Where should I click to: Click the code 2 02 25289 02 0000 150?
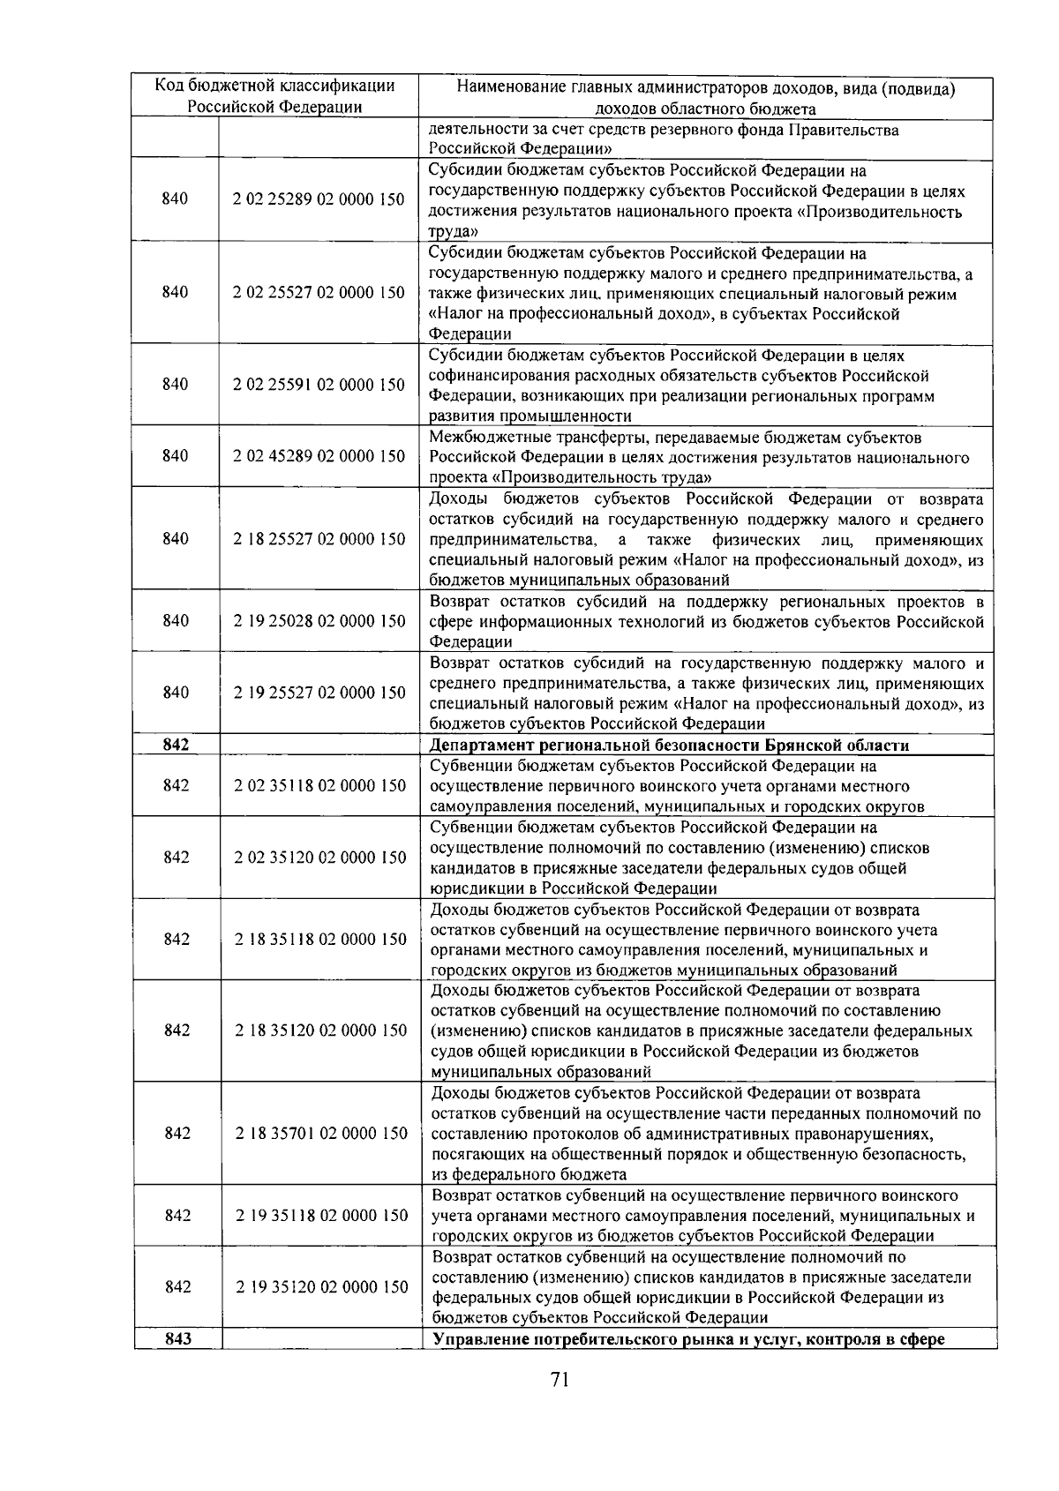click(319, 199)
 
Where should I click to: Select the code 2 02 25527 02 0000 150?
click(319, 293)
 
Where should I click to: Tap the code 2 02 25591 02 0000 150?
click(319, 385)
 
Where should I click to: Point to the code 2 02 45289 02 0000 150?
click(319, 456)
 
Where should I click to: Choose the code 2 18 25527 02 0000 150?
click(319, 539)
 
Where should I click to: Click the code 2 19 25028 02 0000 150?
click(319, 621)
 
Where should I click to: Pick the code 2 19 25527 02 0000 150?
click(319, 693)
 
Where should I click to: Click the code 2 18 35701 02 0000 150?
click(321, 1134)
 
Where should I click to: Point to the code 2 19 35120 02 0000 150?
click(321, 1287)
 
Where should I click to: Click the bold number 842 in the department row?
click(176, 745)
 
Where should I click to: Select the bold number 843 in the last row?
click(178, 1339)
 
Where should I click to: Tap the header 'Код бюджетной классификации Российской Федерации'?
click(274, 96)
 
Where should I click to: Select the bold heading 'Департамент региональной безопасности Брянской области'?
click(669, 745)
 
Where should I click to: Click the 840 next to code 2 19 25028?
click(176, 621)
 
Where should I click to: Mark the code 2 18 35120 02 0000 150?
click(321, 1030)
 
